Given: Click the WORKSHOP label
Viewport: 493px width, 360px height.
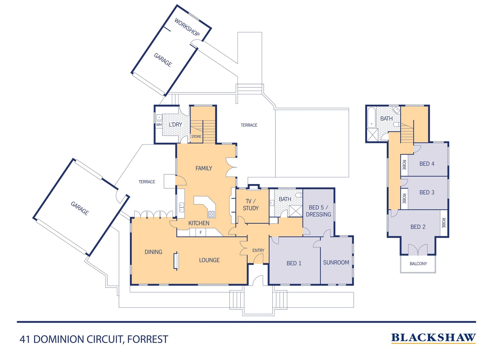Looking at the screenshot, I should coord(187,27).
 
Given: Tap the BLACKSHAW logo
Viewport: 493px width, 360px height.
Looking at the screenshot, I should coord(433,338).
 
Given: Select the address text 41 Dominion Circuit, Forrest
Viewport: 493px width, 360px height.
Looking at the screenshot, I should coord(94,339).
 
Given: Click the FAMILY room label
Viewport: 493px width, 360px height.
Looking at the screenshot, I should coord(204,168).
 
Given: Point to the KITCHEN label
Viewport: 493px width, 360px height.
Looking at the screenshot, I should coord(199,223).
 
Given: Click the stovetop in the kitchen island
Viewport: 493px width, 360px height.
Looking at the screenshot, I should coord(212,214).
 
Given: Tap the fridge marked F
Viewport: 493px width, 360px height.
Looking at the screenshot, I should coord(201,233).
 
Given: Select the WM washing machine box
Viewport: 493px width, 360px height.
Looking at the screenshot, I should coord(159,125).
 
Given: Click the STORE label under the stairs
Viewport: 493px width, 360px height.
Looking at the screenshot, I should coord(196,136).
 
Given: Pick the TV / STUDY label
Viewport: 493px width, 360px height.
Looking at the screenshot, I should coord(250,205).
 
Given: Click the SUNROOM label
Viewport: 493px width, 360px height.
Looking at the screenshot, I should coord(336,262).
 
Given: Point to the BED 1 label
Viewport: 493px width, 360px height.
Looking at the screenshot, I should coord(294,263).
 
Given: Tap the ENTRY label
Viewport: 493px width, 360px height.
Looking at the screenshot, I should coord(258,250).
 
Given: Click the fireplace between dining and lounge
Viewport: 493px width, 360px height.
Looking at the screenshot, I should coord(176,261).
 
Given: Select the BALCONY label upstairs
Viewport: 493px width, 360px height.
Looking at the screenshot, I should coord(418,264).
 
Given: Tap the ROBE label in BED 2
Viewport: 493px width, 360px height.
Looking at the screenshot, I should coord(443,223).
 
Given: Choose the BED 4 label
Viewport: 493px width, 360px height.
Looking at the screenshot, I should coord(427,164).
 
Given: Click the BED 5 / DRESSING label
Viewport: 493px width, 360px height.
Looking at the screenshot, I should coord(318,211).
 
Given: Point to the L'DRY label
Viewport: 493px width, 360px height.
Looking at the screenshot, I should coord(175,124).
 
